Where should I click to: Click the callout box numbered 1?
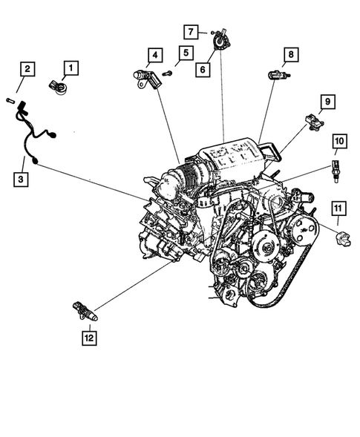(71, 69)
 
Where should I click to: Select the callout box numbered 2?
(26, 70)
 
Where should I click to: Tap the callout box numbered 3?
(21, 178)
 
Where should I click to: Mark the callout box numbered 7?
(192, 31)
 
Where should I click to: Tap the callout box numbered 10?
(338, 140)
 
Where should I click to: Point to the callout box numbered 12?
(88, 339)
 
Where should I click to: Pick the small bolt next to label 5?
(167, 73)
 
